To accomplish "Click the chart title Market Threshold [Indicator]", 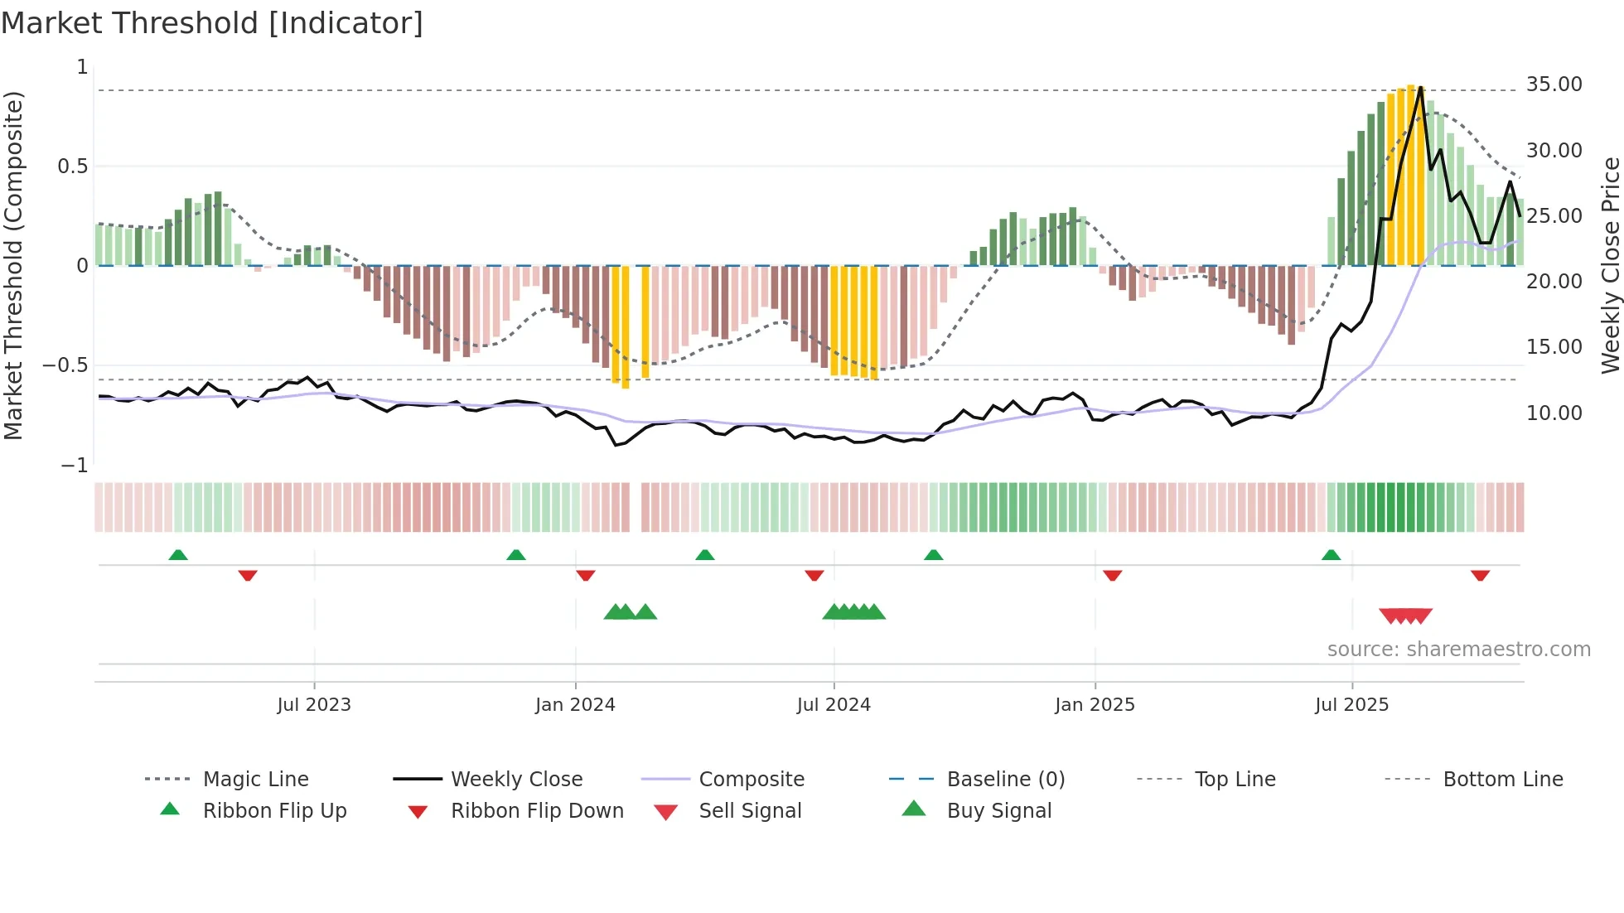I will (212, 23).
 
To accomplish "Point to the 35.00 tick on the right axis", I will (1554, 85).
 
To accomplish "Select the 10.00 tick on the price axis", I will (1554, 413).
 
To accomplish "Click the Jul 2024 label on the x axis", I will (834, 705).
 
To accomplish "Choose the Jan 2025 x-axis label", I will (1095, 705).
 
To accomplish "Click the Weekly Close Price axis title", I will (1610, 265).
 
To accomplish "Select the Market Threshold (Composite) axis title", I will (13, 265).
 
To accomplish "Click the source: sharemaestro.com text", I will (1458, 650).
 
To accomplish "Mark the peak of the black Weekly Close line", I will (1420, 88).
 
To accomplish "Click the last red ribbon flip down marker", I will (1480, 575).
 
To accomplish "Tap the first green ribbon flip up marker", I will (178, 555).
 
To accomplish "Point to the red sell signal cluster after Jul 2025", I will (1405, 616).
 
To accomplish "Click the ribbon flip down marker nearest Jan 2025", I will (1112, 575).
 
